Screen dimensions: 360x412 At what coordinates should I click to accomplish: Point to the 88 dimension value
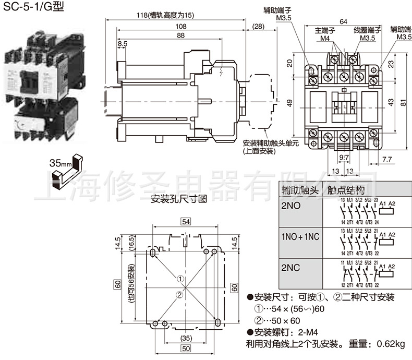(x=166, y=35)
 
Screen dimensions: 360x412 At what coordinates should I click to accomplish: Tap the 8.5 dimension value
(x=123, y=45)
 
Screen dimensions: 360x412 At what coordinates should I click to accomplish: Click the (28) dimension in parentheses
(x=258, y=26)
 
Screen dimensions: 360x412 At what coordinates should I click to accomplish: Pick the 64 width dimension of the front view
(x=343, y=21)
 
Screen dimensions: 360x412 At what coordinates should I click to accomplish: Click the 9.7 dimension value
(x=344, y=158)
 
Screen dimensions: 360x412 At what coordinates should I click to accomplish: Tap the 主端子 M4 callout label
(x=325, y=34)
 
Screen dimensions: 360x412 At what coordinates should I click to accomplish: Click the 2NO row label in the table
(x=291, y=206)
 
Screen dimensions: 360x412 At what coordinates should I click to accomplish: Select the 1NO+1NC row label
(x=300, y=237)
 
